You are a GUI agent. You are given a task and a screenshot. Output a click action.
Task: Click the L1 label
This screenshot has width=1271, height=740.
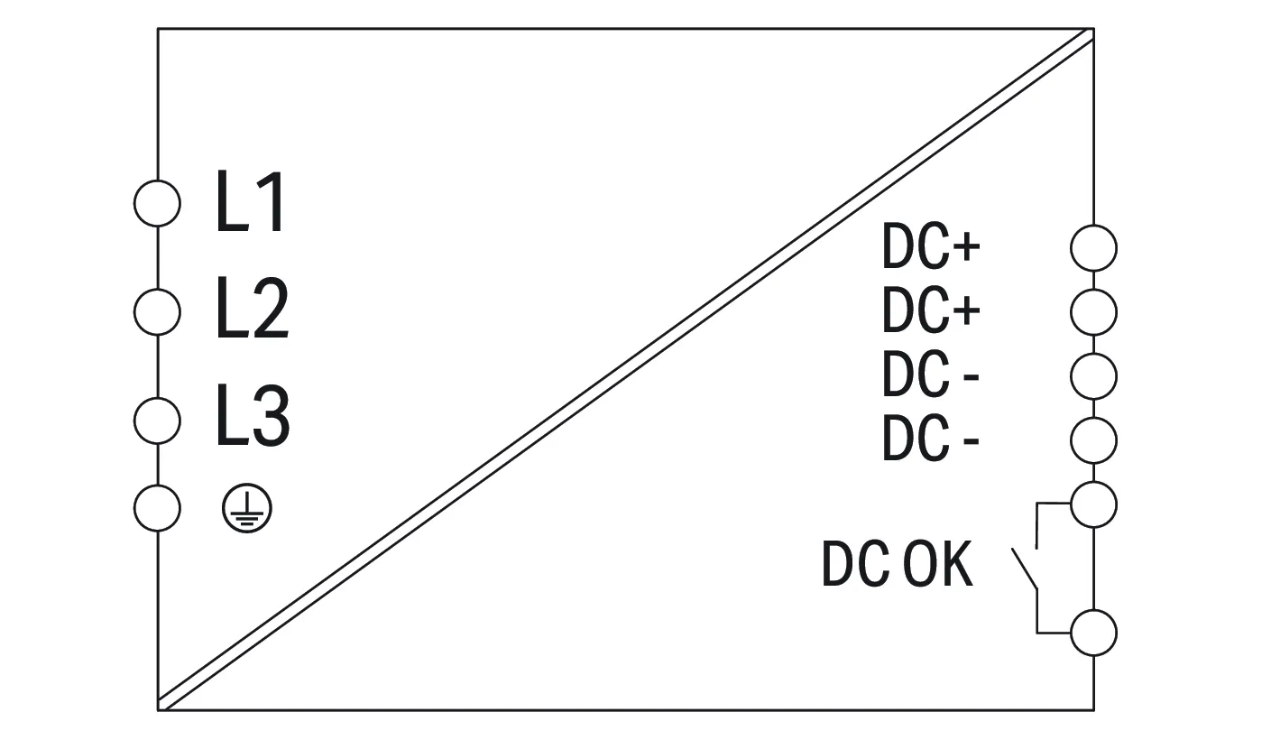pos(250,202)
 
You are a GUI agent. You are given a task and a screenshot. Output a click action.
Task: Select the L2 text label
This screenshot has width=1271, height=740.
pos(253,309)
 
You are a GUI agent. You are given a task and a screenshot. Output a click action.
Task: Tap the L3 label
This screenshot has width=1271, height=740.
pos(253,415)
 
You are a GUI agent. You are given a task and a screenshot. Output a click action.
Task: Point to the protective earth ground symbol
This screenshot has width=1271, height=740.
pos(247,508)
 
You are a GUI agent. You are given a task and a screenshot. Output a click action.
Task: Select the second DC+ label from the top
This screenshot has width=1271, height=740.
pos(931,310)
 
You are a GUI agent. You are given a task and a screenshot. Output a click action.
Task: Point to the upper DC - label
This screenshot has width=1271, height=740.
pos(931,375)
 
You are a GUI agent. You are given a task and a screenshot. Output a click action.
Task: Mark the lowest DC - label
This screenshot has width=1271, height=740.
pos(931,439)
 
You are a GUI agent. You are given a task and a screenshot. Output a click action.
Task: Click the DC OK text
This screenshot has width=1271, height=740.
pos(897,563)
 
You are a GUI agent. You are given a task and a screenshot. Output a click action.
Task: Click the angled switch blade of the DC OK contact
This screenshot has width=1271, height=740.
pos(1024,569)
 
